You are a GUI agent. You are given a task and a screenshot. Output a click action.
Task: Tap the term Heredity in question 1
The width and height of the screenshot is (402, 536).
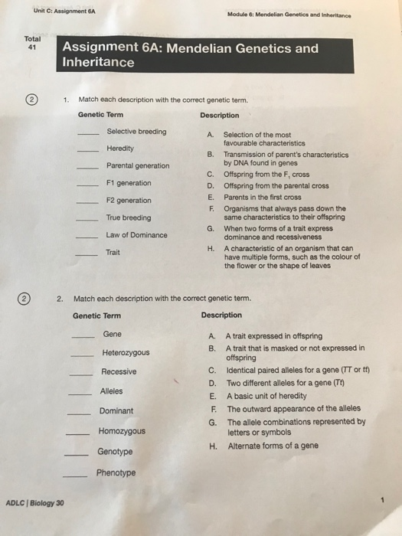(119, 148)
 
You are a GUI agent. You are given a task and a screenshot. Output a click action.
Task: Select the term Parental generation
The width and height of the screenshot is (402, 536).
(138, 165)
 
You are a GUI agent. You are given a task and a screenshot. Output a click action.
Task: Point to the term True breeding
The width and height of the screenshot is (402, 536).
(128, 217)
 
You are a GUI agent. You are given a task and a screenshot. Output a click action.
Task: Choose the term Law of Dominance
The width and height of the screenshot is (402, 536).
(136, 234)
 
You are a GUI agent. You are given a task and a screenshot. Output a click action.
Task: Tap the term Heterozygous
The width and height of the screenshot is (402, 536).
(126, 353)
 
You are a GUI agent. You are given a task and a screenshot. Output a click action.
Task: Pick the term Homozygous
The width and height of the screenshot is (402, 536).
(121, 431)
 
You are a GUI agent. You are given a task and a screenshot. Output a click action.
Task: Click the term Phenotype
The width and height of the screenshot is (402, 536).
(116, 472)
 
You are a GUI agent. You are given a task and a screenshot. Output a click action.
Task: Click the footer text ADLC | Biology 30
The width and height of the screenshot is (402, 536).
(35, 502)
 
